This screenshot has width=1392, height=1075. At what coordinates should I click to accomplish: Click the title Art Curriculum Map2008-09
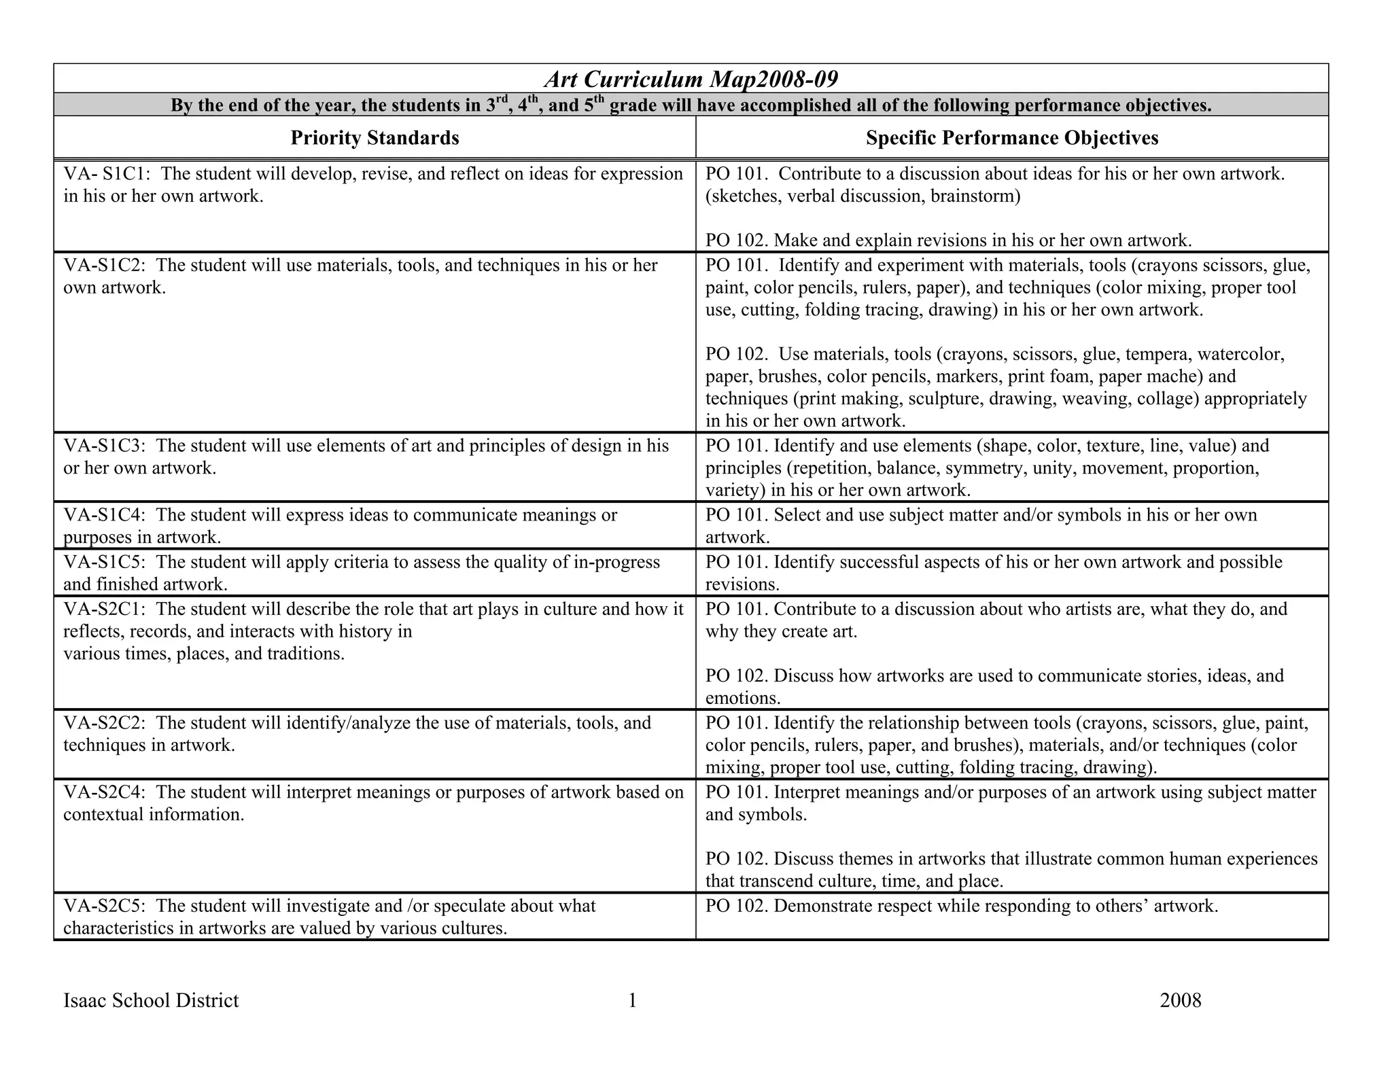691,80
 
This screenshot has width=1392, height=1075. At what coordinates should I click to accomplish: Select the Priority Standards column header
375,138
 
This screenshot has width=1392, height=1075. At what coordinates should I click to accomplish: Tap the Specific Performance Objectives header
1011,138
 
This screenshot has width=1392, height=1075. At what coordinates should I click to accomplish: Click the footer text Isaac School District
151,1000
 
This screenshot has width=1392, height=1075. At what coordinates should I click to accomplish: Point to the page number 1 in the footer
632,1000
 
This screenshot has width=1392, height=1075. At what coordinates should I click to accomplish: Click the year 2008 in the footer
1181,1000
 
